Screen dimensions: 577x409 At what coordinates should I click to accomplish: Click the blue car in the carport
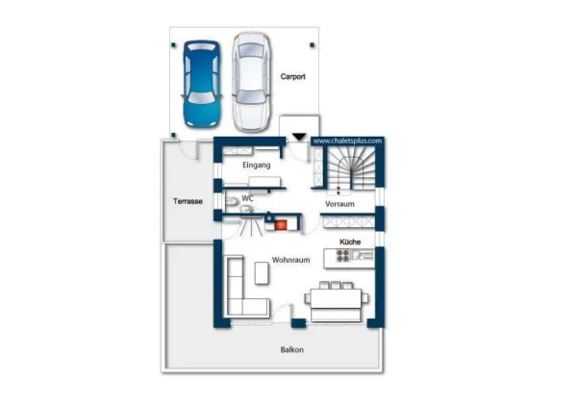202,85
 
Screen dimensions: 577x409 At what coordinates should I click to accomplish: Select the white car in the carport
252,82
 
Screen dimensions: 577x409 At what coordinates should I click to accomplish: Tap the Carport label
293,77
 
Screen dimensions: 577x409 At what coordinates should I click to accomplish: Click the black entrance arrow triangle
299,137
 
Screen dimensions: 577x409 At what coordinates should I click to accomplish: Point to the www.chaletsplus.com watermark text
347,141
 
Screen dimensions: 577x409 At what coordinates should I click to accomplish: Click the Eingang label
257,165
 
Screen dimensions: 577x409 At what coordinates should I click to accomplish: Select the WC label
248,198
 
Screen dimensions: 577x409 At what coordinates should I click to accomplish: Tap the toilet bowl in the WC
232,201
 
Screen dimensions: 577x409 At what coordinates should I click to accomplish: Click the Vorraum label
339,204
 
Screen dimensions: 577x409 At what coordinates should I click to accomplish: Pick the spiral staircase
351,168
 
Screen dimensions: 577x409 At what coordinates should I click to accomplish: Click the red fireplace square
281,225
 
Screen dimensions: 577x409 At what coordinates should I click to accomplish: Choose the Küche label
350,242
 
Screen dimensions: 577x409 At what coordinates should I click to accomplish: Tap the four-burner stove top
343,255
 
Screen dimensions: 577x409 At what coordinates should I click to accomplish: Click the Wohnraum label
290,260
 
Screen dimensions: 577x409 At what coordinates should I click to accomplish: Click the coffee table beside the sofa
262,272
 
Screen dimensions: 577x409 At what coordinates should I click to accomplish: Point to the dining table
336,298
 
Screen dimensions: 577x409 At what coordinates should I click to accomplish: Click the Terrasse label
188,201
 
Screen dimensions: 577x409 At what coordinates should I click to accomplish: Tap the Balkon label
292,349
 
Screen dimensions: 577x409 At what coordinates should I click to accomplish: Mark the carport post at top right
312,45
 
